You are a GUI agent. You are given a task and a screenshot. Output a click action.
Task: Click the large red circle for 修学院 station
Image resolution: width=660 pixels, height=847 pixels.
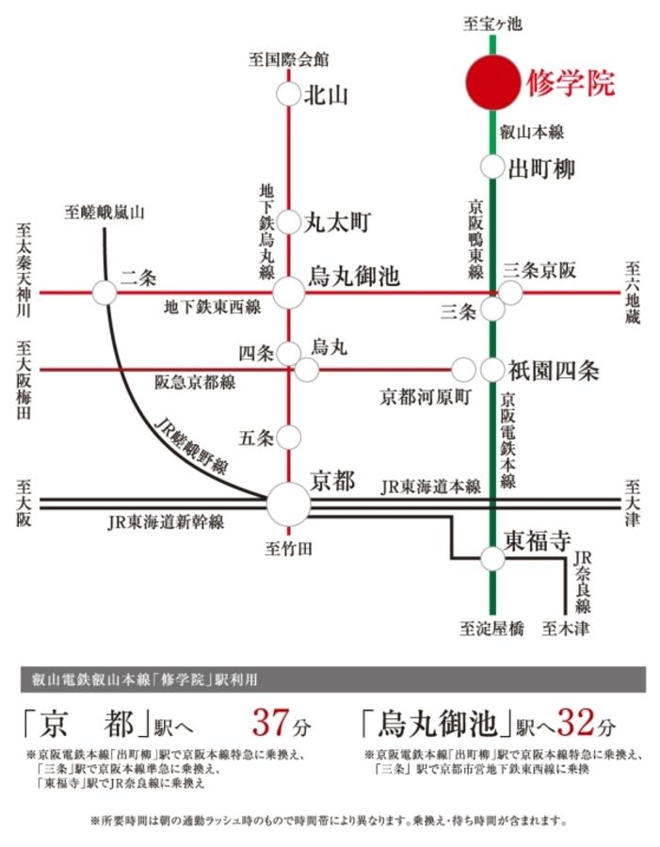click(x=492, y=82)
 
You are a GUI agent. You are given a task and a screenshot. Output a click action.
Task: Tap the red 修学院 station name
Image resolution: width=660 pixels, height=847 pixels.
click(x=571, y=83)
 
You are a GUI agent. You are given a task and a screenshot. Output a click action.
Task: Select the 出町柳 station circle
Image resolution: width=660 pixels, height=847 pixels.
click(x=492, y=168)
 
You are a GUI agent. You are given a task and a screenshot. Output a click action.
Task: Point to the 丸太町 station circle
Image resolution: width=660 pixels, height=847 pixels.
click(x=289, y=223)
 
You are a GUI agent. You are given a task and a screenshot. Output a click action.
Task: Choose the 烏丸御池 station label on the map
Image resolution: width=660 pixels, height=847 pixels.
click(x=355, y=277)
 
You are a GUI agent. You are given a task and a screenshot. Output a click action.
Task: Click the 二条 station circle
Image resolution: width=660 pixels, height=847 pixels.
click(x=105, y=293)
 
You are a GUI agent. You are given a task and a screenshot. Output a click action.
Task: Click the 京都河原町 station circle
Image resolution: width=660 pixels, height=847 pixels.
click(x=463, y=370)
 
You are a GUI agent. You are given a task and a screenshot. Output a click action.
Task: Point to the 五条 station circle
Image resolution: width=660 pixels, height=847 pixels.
click(x=289, y=438)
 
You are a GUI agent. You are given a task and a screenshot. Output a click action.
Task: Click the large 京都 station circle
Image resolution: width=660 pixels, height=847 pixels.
click(x=288, y=504)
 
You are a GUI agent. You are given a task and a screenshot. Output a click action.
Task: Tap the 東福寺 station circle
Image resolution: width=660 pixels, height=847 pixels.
click(x=492, y=558)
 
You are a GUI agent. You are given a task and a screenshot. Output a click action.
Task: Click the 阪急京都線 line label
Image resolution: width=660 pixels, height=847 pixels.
click(x=196, y=382)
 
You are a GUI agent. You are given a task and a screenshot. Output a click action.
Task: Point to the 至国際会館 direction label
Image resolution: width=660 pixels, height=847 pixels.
click(x=289, y=59)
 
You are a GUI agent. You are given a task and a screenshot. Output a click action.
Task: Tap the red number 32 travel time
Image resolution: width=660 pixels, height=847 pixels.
click(x=576, y=724)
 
